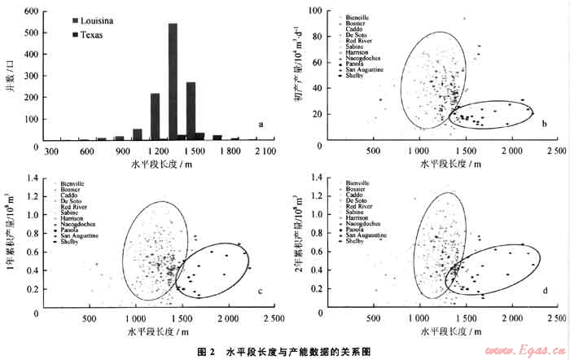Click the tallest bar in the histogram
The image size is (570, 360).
click(173, 81)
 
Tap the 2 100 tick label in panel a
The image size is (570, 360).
click(265, 151)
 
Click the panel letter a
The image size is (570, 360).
click(260, 125)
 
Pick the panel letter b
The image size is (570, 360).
click(544, 124)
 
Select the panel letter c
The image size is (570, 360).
click(260, 292)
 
